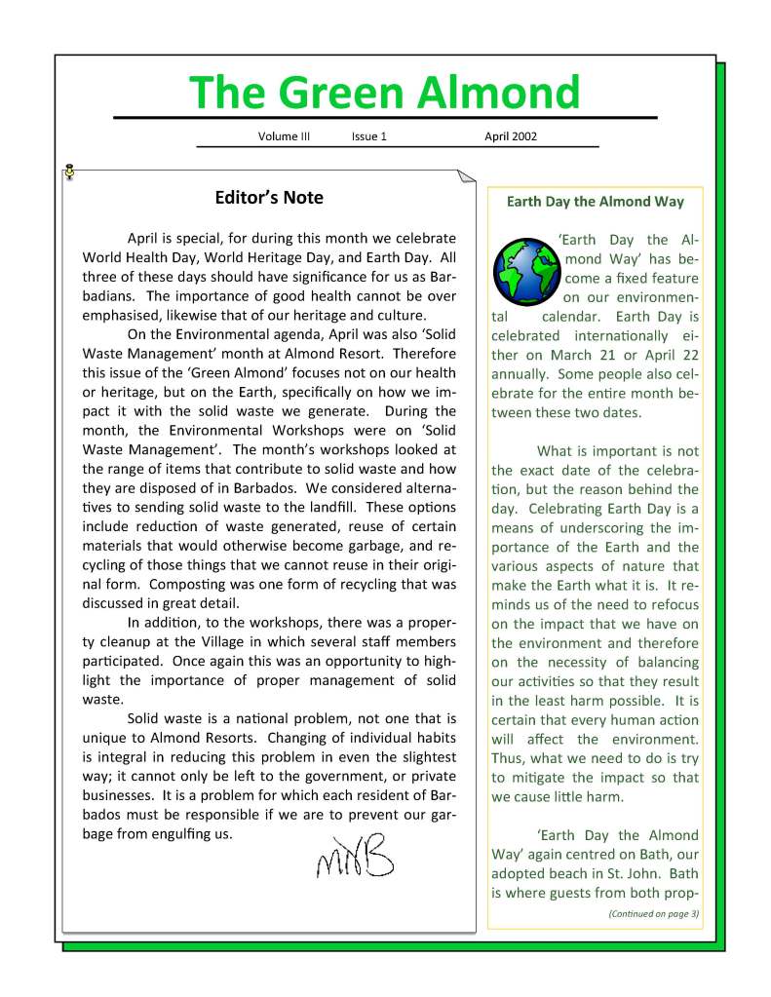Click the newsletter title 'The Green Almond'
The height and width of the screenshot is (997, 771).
[x=385, y=93]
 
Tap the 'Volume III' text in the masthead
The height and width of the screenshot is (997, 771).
[x=284, y=137]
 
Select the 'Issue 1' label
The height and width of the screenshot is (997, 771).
[x=369, y=137]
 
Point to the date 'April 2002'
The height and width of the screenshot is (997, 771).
[x=511, y=137]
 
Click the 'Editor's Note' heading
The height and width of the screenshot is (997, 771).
[x=269, y=199]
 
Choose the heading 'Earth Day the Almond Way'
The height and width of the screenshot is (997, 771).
[x=596, y=203]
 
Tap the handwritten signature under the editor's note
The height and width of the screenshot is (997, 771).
[x=354, y=855]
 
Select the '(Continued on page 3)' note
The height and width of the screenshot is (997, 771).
[x=652, y=913]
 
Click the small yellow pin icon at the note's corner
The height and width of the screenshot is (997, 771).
[x=69, y=172]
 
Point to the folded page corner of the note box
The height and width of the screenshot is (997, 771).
[x=466, y=177]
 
